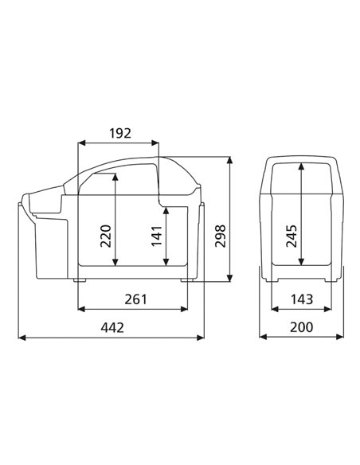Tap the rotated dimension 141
(x=156, y=236)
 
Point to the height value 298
(x=221, y=236)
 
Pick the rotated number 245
(x=292, y=236)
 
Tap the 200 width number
(x=301, y=327)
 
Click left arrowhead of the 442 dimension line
(x=21, y=338)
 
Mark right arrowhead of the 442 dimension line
(x=202, y=338)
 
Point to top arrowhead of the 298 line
(x=230, y=158)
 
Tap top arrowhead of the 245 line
(x=301, y=165)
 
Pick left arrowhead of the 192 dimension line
(x=80, y=143)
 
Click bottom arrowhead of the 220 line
(x=116, y=264)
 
